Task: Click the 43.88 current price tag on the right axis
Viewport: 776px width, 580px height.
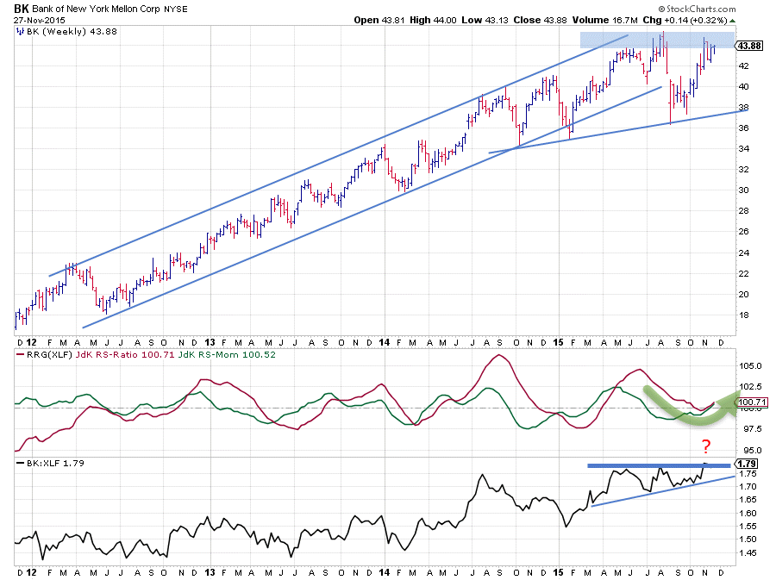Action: tap(748, 46)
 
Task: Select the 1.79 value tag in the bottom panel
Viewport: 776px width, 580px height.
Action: tap(748, 463)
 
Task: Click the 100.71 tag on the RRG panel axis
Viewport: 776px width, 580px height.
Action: tap(751, 401)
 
